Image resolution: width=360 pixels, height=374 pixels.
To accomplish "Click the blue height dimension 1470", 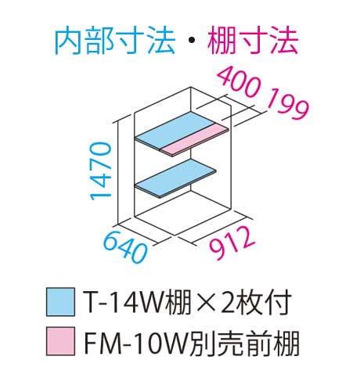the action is coord(100,171).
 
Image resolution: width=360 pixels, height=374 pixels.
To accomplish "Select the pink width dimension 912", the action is coord(232,243).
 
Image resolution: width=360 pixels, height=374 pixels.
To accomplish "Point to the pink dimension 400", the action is coord(239,81).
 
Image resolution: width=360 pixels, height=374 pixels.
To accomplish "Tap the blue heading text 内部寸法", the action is coord(115,41).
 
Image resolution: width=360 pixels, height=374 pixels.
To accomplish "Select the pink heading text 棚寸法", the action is coord(253,41).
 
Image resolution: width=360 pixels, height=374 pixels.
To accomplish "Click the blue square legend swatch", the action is coord(60,302).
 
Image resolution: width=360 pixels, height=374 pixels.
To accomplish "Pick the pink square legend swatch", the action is coord(60,341).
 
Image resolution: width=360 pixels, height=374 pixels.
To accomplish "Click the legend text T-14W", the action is coord(124,302).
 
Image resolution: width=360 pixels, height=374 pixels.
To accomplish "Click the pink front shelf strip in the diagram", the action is coord(194,140).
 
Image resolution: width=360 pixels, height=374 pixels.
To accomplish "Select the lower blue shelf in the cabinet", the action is coord(175,178).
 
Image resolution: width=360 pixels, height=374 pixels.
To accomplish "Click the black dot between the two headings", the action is coord(192,41).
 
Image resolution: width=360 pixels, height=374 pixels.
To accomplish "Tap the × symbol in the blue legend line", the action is coord(206,303).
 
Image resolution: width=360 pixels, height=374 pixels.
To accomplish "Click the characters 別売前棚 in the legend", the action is coord(244,341).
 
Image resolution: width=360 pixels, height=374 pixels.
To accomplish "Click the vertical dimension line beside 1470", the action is coord(119,172).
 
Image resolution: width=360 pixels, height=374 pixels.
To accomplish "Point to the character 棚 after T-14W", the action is coord(179,302).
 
